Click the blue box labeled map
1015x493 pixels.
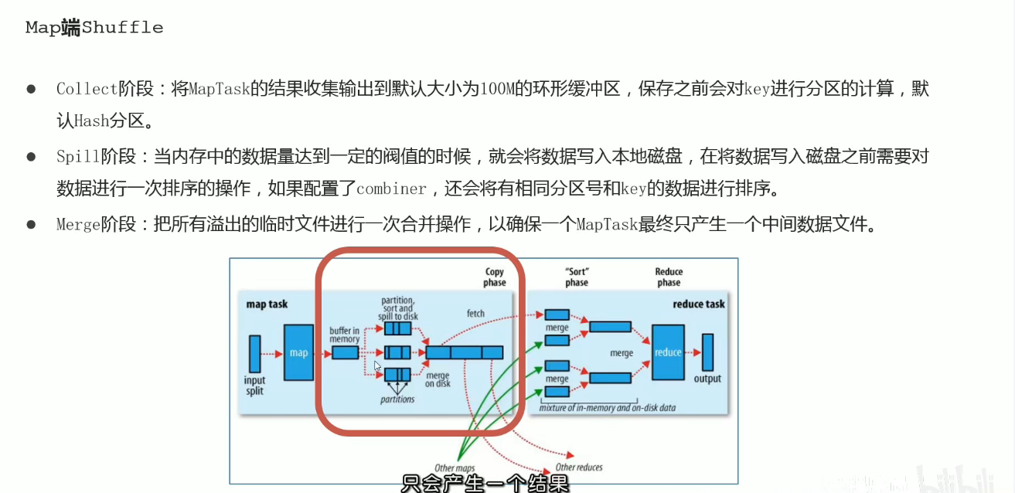coord(298,352)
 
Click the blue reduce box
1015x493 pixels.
coord(668,352)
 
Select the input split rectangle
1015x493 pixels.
coord(254,353)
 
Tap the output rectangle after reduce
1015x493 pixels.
coord(707,352)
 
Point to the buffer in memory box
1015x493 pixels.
coord(346,352)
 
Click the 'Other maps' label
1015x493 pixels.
coord(455,468)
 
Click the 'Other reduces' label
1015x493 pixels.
coord(579,467)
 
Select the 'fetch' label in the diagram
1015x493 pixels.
coord(475,313)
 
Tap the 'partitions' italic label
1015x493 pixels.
coord(397,399)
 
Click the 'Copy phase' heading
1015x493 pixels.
coord(495,277)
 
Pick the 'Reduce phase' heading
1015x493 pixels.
coord(669,277)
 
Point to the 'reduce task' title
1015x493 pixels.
coord(699,304)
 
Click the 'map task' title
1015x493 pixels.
coord(267,304)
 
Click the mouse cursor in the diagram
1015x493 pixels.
coord(378,366)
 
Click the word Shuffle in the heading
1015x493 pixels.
coord(123,28)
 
